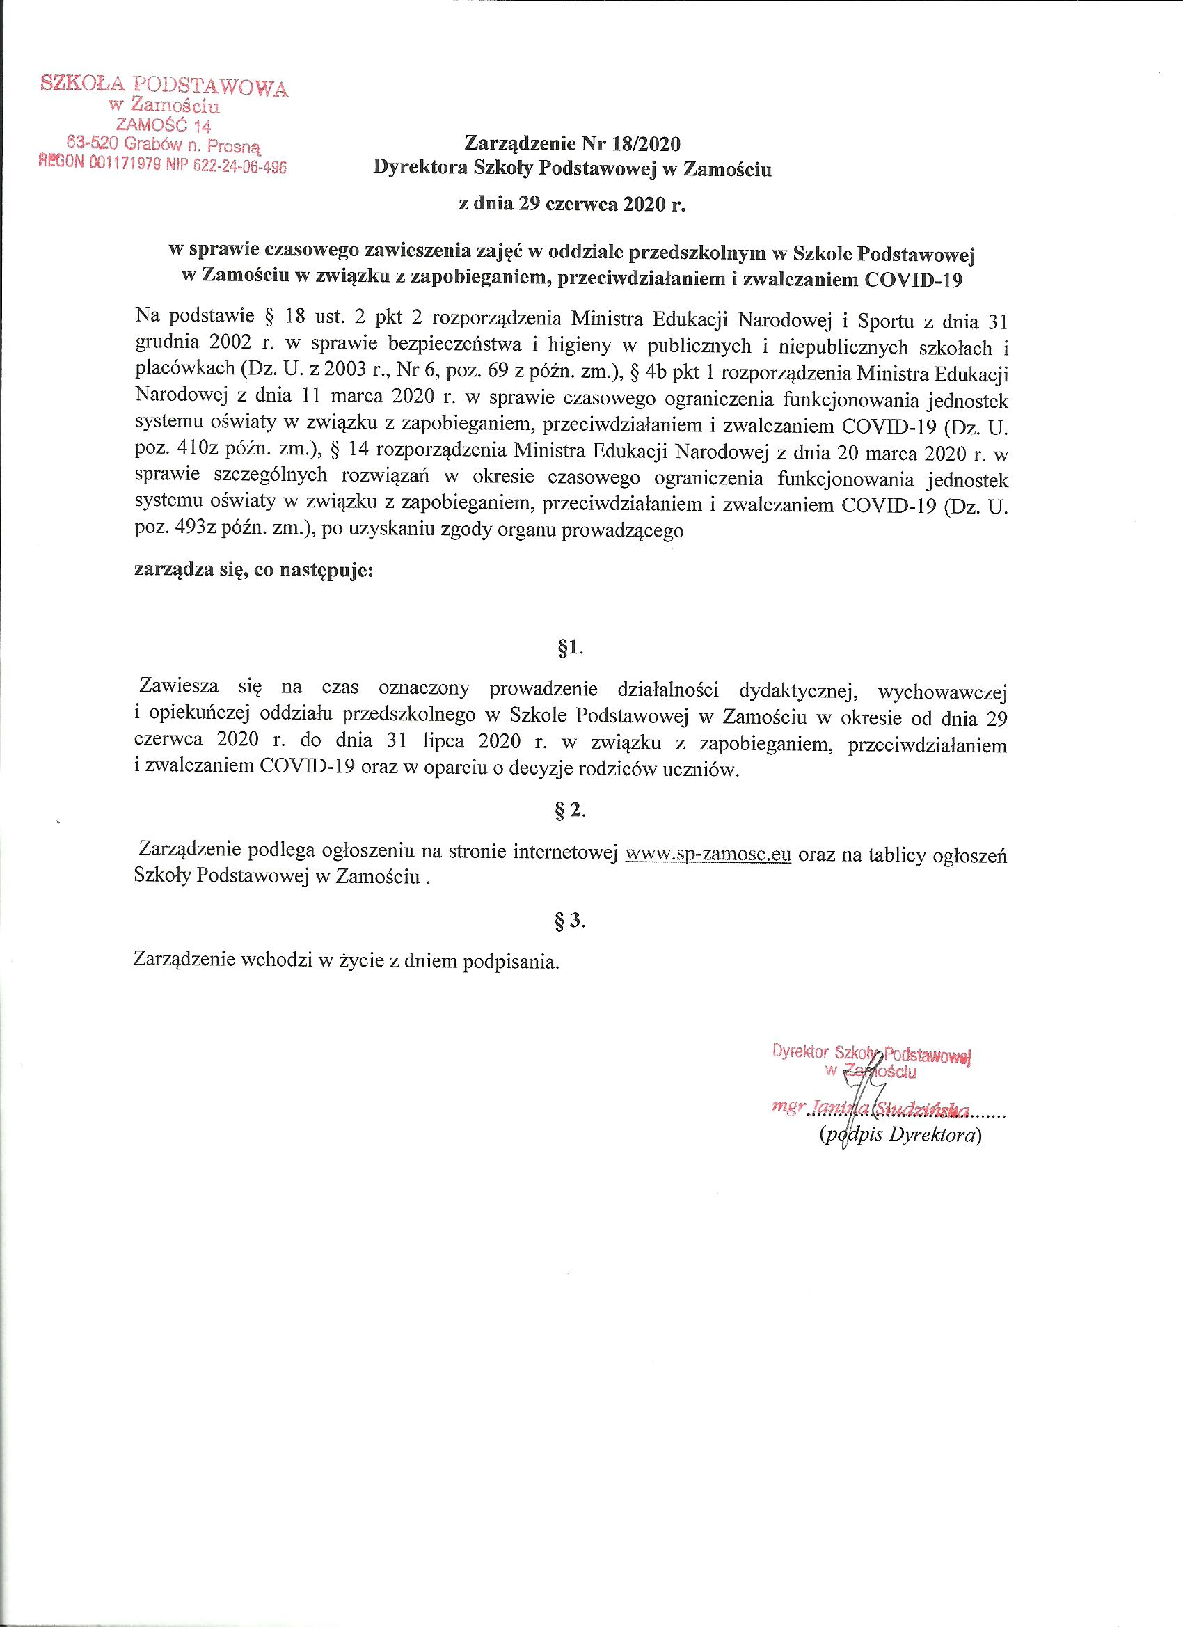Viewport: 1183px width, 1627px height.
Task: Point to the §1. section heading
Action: pyautogui.click(x=571, y=649)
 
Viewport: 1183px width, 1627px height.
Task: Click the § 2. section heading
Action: pyautogui.click(x=571, y=810)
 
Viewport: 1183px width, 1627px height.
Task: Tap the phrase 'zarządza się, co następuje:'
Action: pyautogui.click(x=254, y=572)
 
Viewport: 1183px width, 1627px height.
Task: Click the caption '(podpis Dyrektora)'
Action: pyautogui.click(x=900, y=1136)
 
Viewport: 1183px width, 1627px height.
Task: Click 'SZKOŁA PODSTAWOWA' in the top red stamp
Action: pyautogui.click(x=164, y=86)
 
